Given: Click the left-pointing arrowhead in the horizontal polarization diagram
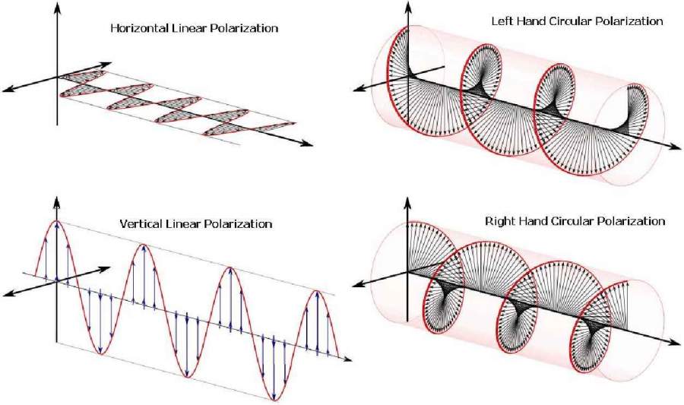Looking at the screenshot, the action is [x=8, y=90].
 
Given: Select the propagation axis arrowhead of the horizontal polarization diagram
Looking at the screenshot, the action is [x=308, y=144].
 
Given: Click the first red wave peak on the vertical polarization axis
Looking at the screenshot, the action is [x=57, y=221].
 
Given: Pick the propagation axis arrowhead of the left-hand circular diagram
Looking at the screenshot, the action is [x=676, y=147].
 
